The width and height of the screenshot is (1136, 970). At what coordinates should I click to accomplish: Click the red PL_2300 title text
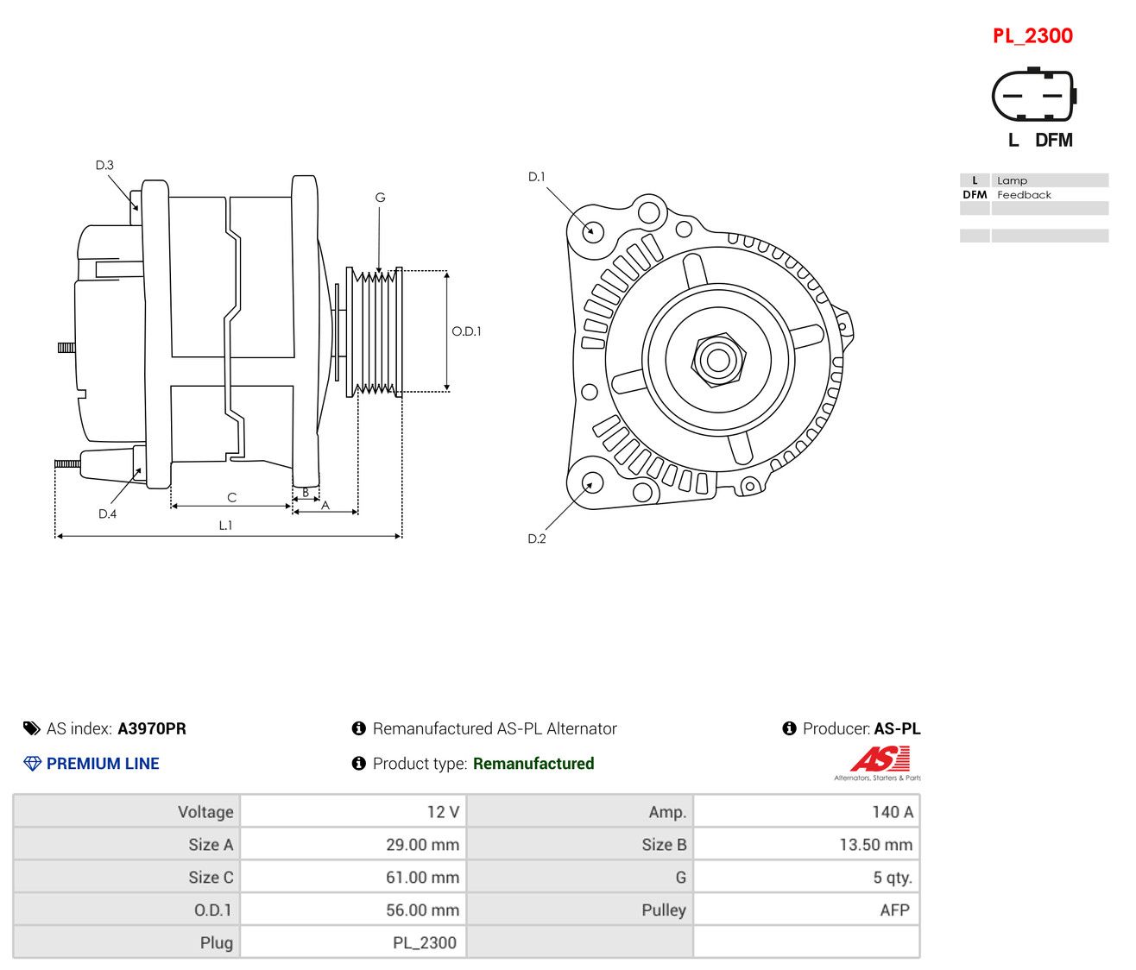(1032, 36)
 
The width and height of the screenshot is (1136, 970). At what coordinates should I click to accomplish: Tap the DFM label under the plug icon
(1053, 140)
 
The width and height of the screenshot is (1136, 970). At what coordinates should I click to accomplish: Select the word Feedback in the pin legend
(1023, 194)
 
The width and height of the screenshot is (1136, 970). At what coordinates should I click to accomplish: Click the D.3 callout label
(104, 165)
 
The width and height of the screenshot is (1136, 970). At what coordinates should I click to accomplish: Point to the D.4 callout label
(107, 513)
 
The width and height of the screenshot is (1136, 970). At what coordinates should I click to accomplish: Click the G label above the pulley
(380, 198)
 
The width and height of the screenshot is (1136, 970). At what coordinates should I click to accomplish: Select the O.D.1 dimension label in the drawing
(466, 331)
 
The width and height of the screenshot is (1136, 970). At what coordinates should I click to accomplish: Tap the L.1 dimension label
(225, 526)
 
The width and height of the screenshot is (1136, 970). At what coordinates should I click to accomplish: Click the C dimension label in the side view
(232, 497)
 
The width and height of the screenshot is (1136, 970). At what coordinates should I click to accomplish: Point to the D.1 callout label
(536, 176)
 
